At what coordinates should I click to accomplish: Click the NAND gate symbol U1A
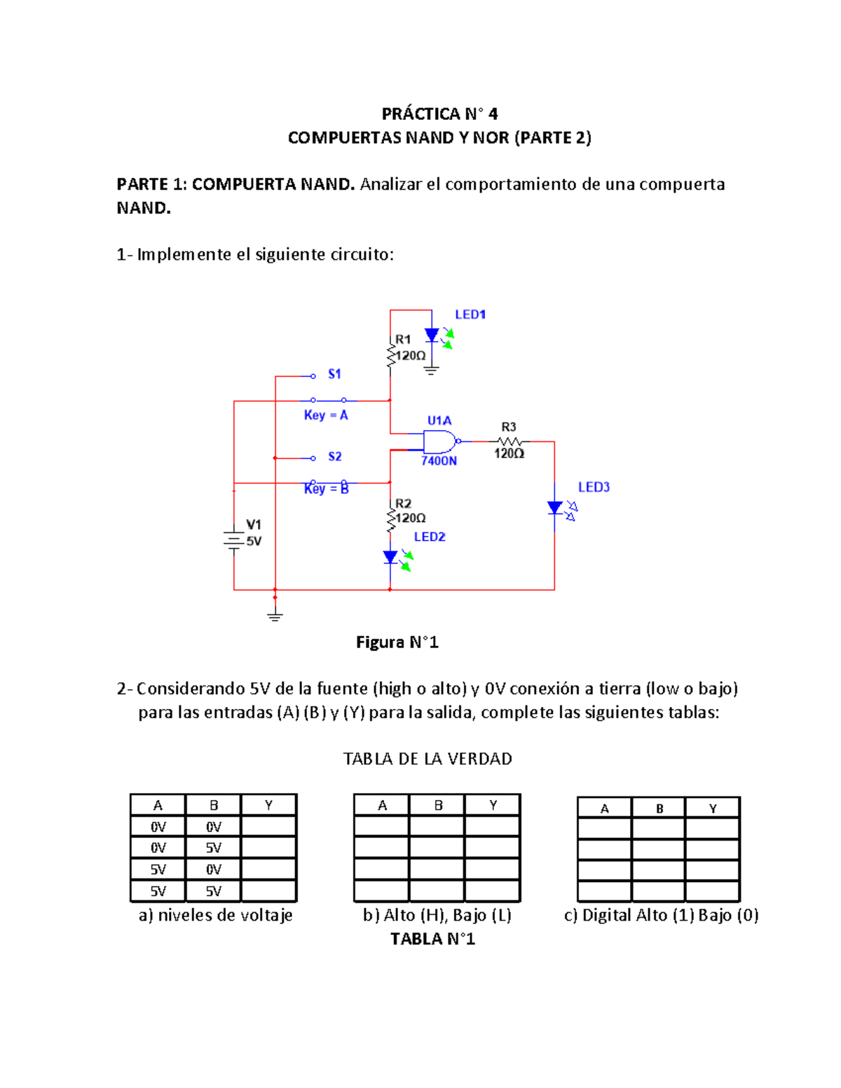click(x=439, y=441)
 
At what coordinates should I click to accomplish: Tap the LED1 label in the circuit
click(x=470, y=315)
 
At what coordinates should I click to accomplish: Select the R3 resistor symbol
click(x=510, y=441)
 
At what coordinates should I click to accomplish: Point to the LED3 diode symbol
click(x=556, y=508)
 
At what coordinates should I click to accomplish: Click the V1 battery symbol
click(x=233, y=540)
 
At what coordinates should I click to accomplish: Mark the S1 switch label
click(x=334, y=374)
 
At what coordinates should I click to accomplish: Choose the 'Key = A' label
click(x=326, y=415)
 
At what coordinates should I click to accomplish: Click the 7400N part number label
click(x=439, y=460)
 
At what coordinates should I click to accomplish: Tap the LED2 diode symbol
click(x=390, y=558)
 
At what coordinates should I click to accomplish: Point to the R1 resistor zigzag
click(x=390, y=354)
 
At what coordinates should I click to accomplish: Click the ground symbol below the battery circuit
click(x=275, y=615)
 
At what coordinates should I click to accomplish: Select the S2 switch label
click(x=334, y=457)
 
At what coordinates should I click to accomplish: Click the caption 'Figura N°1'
click(x=397, y=642)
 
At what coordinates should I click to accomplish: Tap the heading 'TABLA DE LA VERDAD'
click(x=428, y=759)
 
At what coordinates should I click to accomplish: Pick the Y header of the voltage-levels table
click(x=268, y=805)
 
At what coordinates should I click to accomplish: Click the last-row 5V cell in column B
click(x=213, y=891)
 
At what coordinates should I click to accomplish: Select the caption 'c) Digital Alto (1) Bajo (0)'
click(x=661, y=915)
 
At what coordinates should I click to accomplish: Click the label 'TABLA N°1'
click(x=432, y=939)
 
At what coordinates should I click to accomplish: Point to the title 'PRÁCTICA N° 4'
click(x=439, y=113)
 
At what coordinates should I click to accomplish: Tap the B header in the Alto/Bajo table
click(x=438, y=805)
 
